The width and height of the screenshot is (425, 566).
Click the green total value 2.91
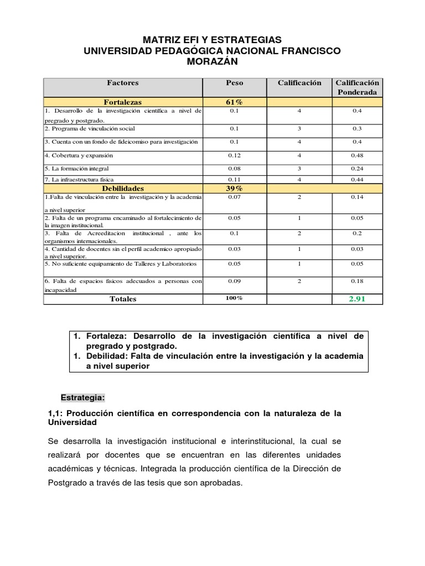click(x=357, y=298)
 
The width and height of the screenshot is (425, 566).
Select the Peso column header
click(x=235, y=83)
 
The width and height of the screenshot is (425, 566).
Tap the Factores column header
click(x=123, y=83)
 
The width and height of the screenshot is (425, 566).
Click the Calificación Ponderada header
click(x=357, y=87)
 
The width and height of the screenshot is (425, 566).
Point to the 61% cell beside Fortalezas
click(x=235, y=102)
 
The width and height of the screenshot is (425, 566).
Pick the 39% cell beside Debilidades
click(x=235, y=188)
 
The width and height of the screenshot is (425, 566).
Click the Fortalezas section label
click(x=123, y=102)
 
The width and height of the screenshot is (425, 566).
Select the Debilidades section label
click(x=123, y=188)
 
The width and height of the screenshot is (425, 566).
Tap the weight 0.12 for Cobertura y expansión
click(x=235, y=155)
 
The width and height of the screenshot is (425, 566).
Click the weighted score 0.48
click(x=357, y=155)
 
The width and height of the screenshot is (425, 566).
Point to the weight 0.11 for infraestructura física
click(x=235, y=180)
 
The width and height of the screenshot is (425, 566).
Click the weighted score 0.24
click(x=357, y=168)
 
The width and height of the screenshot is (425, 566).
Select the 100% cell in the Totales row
click(x=235, y=298)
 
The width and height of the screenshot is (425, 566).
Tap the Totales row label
click(x=123, y=298)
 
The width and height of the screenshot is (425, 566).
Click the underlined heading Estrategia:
click(x=82, y=398)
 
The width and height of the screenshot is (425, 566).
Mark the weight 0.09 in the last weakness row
click(x=235, y=281)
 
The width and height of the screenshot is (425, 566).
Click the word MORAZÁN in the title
click(x=212, y=62)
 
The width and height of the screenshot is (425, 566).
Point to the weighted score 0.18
click(x=357, y=281)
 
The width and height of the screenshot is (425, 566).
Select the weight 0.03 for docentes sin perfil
click(x=235, y=249)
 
